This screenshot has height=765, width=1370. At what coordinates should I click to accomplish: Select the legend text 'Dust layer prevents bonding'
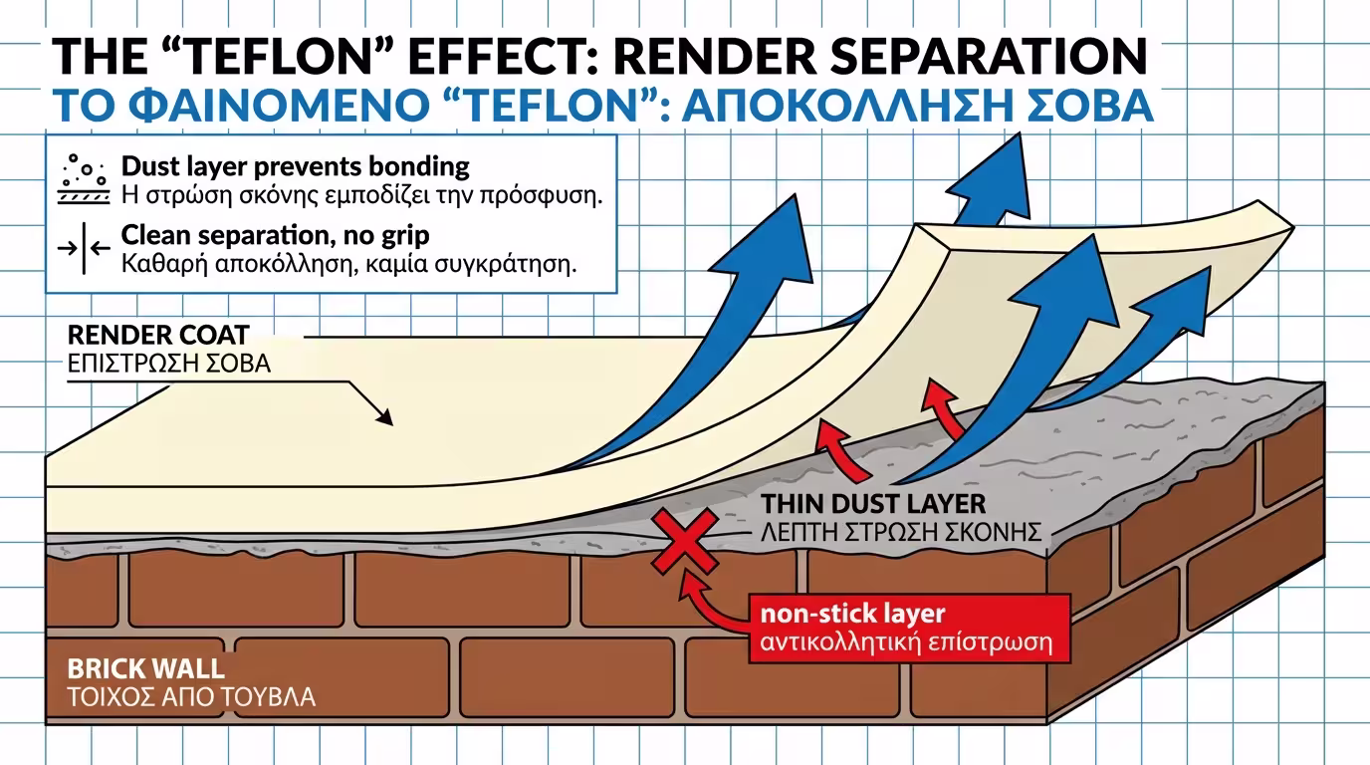click(295, 165)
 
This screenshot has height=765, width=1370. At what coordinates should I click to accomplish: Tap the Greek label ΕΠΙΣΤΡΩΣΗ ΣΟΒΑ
click(168, 364)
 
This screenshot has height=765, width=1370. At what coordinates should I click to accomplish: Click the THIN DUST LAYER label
click(873, 504)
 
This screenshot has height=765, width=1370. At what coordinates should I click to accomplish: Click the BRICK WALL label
click(145, 667)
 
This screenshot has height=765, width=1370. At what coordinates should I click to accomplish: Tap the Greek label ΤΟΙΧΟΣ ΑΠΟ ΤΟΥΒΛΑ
click(190, 696)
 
